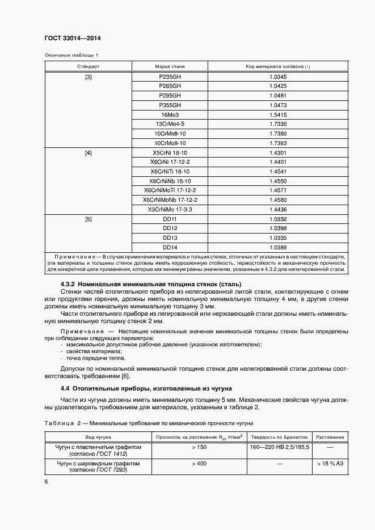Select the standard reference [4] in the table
click(x=88, y=153)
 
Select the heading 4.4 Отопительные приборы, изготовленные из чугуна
click(x=146, y=388)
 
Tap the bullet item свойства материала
click(x=90, y=351)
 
